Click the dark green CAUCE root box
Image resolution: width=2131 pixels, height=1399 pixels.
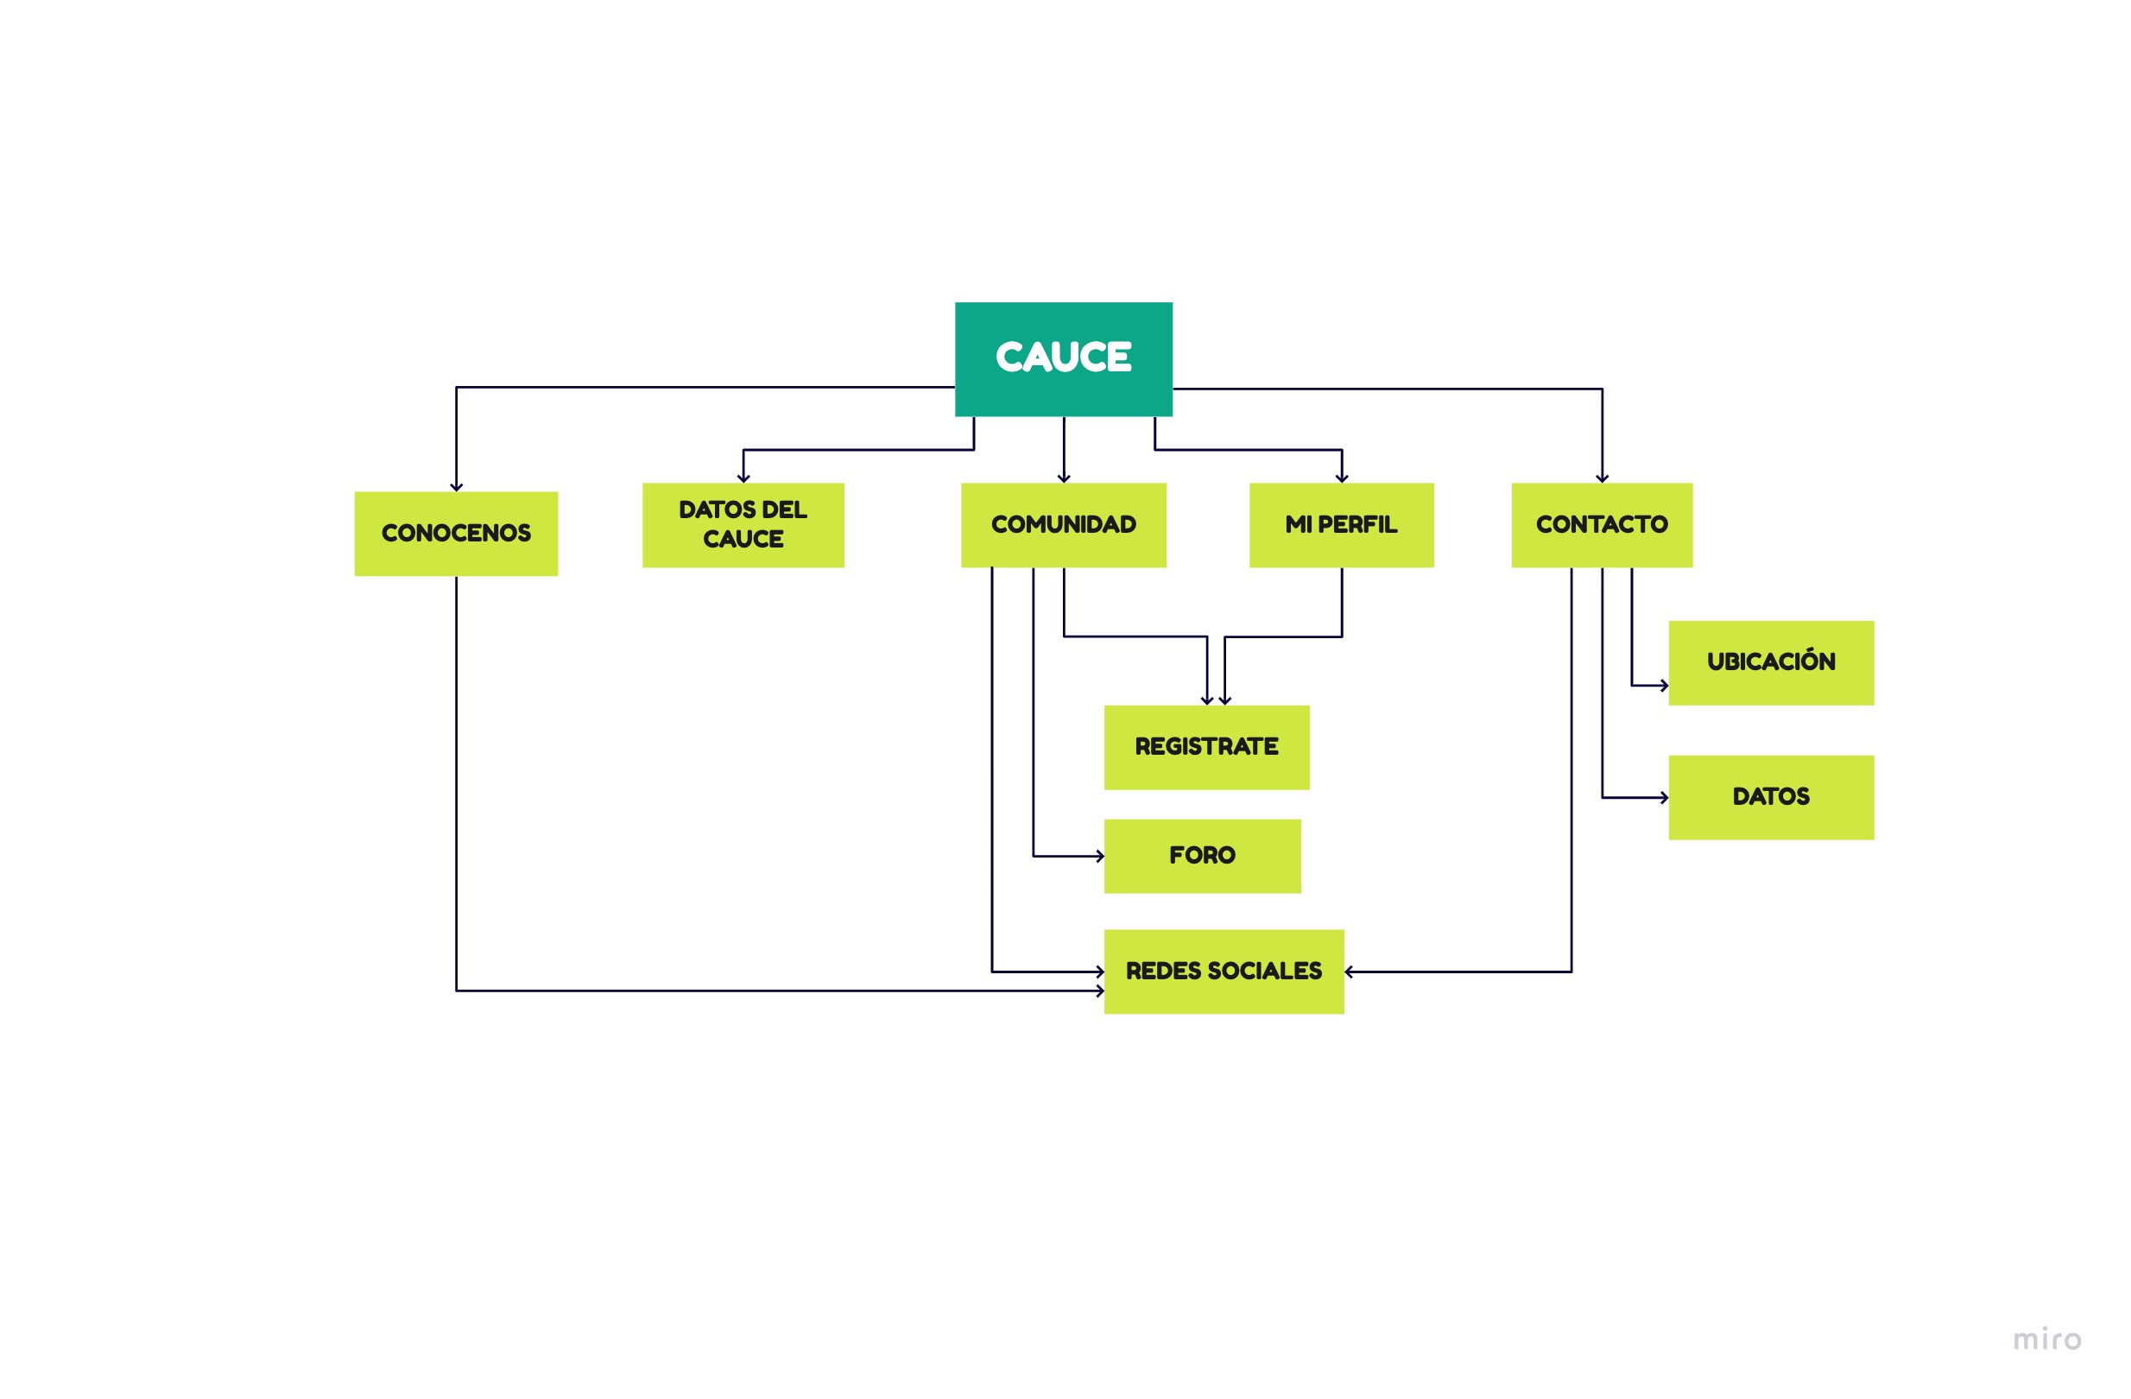click(x=1063, y=359)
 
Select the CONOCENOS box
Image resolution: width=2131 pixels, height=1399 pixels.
click(x=456, y=534)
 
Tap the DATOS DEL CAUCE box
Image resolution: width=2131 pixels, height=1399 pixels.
click(x=743, y=525)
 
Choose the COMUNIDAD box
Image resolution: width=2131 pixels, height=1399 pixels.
click(x=1063, y=525)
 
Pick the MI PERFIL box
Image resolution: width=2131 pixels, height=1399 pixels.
click(x=1340, y=525)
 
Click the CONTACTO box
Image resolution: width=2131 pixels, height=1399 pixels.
click(x=1601, y=525)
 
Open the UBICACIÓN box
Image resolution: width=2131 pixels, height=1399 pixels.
click(x=1770, y=662)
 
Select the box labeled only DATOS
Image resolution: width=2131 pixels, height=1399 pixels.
click(x=1770, y=797)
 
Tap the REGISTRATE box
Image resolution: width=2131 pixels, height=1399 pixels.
click(x=1206, y=747)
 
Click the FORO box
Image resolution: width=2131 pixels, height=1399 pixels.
click(x=1202, y=856)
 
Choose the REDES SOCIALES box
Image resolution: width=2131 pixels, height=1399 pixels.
click(x=1224, y=972)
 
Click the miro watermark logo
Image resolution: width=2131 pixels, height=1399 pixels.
click(x=2047, y=1340)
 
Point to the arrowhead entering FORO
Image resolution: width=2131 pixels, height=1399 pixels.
click(x=1099, y=856)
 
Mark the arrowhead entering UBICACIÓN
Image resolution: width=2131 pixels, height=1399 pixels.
click(x=1664, y=686)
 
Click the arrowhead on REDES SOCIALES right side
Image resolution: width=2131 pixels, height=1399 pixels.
click(x=1349, y=972)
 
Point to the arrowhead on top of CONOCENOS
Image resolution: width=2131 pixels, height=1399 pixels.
click(x=456, y=487)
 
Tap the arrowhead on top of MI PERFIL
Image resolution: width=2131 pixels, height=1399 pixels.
click(x=1341, y=479)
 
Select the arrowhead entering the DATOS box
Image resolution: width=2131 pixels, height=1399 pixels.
click(x=1664, y=797)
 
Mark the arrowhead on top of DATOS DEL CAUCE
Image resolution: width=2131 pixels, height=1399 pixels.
click(x=743, y=479)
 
